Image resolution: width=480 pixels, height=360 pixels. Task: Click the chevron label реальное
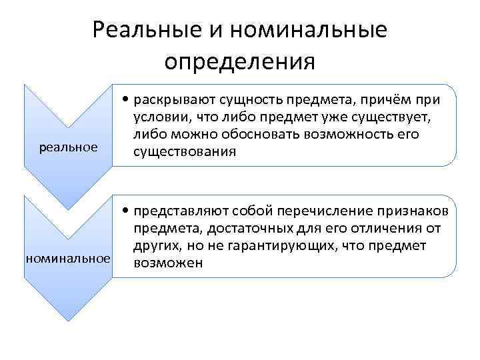point(68,146)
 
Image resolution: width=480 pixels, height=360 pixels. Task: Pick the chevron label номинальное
point(67,257)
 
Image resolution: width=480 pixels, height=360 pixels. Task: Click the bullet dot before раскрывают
point(126,101)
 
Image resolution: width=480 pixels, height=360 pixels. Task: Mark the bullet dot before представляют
point(126,212)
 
